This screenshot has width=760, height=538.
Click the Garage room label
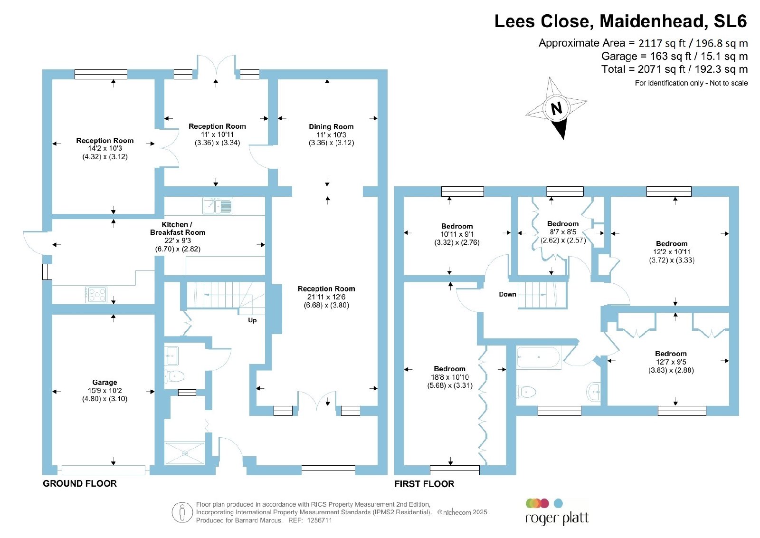coord(104,382)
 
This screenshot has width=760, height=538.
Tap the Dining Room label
coord(331,126)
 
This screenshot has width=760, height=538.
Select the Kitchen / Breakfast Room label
coord(178,229)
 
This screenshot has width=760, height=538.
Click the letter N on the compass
coord(556,108)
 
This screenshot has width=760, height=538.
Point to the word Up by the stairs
coord(252,320)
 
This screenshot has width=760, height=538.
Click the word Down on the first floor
coord(507,294)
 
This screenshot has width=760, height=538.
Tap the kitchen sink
coord(218,206)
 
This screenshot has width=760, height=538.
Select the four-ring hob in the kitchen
coord(96,295)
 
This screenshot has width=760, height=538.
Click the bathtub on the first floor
coord(539,357)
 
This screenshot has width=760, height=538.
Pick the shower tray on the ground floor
coord(185,453)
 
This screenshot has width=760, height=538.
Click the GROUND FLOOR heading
coord(80,483)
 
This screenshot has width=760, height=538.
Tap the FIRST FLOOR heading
coord(424,484)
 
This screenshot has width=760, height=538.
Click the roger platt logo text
coord(557,519)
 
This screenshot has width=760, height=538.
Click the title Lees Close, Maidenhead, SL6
coord(620,21)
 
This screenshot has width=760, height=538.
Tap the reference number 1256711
coord(319,520)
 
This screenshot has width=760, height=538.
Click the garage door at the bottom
coord(104,470)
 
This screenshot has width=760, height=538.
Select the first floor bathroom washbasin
coord(593,392)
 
